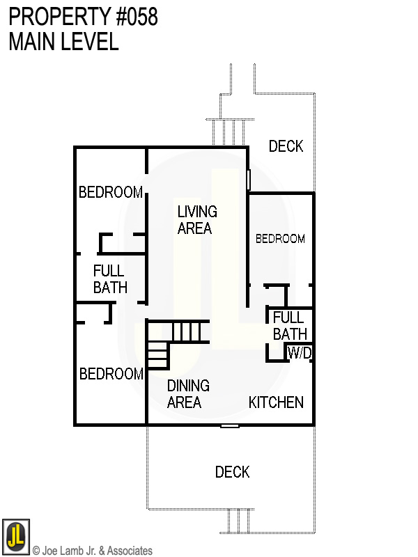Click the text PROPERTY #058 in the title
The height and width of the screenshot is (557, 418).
84,17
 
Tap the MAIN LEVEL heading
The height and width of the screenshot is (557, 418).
63,42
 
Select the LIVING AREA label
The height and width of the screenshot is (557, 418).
197,219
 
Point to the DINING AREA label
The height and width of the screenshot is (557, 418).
187,394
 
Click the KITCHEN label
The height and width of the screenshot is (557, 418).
276,402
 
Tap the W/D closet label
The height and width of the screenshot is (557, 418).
300,354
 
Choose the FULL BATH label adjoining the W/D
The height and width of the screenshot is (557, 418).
289,327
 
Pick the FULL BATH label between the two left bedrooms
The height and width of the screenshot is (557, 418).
109,278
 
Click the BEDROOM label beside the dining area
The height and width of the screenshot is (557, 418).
111,375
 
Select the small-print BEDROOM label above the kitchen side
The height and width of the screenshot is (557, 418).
280,239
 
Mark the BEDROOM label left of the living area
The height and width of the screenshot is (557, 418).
111,192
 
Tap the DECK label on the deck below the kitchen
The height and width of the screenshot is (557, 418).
232,473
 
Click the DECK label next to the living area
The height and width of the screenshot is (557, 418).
286,146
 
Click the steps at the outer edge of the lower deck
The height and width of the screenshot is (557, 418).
238,520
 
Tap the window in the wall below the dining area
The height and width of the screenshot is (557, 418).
230,425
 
